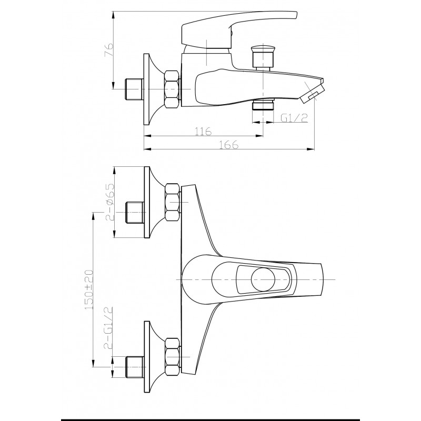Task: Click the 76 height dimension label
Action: coord(109,49)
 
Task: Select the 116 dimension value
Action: coord(203,132)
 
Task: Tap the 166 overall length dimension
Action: coord(229,145)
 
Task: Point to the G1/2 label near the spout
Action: coord(294,118)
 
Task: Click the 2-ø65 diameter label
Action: coord(110,202)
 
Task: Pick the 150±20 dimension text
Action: coord(88,290)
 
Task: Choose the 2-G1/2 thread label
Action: coord(108,328)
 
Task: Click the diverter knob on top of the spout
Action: coord(264,58)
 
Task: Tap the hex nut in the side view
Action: coord(172,89)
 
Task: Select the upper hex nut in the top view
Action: coord(173,202)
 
